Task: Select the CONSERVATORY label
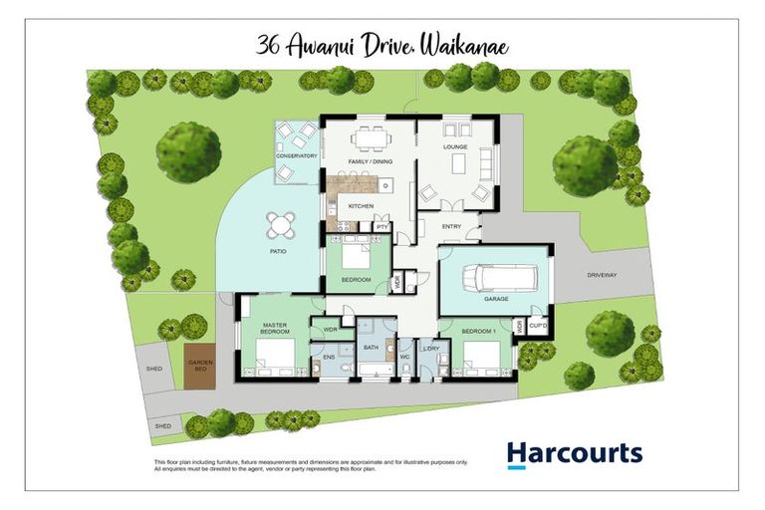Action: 296,155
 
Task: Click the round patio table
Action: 281,225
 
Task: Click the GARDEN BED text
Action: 200,366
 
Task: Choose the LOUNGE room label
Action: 455,146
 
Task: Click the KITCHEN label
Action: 360,205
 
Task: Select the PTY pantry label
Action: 382,227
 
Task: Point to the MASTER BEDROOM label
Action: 275,330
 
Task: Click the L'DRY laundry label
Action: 431,348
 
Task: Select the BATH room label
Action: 371,348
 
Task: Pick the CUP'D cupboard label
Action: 539,325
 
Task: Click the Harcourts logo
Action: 574,454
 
